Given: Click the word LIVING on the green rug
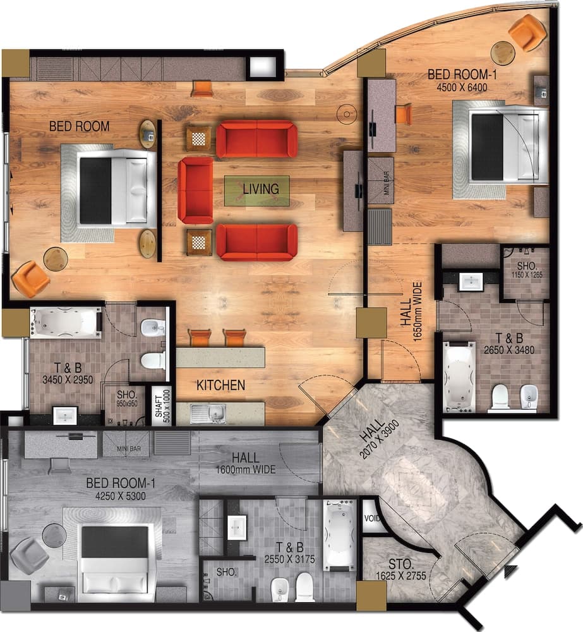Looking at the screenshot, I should (x=261, y=189).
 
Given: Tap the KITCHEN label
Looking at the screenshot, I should (x=220, y=385).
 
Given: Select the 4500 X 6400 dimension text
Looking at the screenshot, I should (x=458, y=87).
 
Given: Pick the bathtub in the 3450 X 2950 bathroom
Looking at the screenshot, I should (x=65, y=323).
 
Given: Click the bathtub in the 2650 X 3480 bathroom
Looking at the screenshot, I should (x=459, y=368).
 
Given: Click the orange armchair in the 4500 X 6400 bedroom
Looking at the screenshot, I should (x=527, y=32).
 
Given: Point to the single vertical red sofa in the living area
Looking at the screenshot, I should (x=195, y=190).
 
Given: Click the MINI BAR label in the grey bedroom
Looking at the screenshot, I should (x=126, y=449).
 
